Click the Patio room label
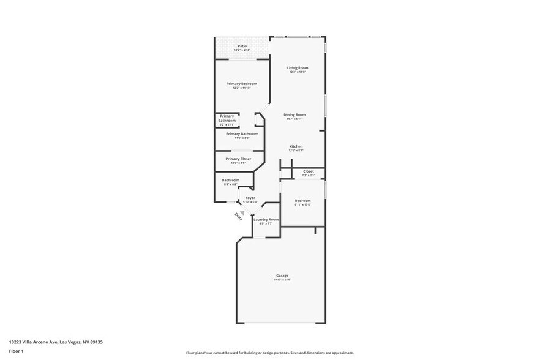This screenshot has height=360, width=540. [242, 46]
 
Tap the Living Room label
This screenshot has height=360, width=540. [298, 68]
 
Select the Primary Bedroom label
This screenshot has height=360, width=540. [242, 84]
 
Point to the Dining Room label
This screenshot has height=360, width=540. [294, 115]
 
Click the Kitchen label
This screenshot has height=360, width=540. [296, 146]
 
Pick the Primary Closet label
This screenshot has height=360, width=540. [238, 159]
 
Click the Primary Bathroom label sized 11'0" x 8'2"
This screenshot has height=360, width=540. [242, 134]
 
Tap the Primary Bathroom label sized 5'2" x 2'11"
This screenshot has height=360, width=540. [227, 119]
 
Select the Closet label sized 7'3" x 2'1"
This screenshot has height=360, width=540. [308, 171]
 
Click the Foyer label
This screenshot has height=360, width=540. [250, 198]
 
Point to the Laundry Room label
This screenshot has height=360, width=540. [266, 220]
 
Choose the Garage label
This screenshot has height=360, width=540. [282, 276]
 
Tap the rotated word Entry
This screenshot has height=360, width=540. [238, 217]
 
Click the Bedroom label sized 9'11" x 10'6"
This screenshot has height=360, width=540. [302, 201]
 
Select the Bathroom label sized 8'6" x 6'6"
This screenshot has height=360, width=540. [230, 180]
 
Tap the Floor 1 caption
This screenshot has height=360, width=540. [16, 351]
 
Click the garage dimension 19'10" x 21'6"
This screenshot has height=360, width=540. [282, 280]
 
